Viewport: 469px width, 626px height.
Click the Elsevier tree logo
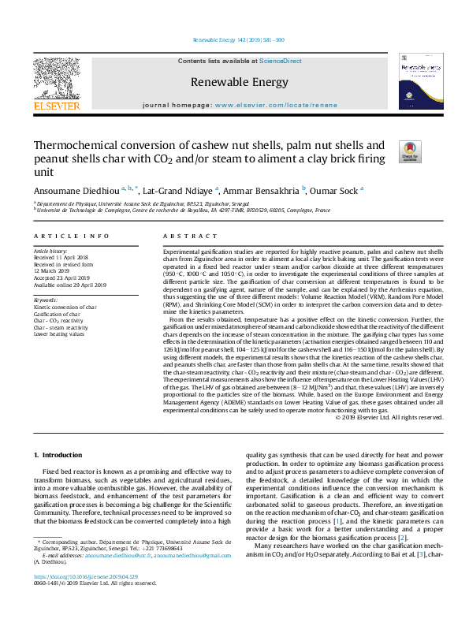click(56, 79)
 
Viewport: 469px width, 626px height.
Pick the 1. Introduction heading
click(63, 456)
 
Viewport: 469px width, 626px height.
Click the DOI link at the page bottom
click(89, 599)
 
